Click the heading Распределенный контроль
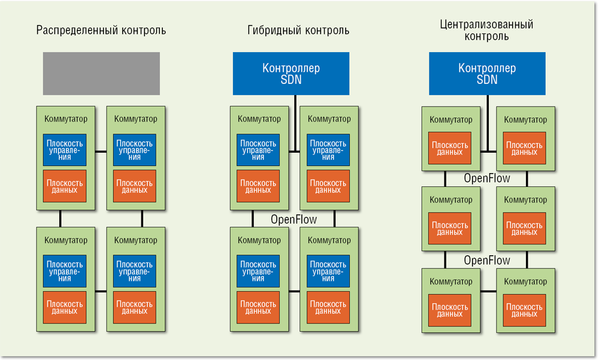[x=101, y=30]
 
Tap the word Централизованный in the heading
[x=486, y=25]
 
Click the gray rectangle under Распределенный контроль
[x=101, y=73]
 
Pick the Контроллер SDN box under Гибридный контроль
[x=291, y=73]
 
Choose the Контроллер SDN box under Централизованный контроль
[x=487, y=73]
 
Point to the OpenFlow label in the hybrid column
[x=294, y=220]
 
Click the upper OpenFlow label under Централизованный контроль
[x=487, y=179]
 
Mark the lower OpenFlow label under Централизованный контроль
[x=487, y=261]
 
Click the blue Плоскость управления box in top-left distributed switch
[x=65, y=150]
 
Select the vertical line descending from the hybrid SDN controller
[x=295, y=123]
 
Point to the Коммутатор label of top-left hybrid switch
[x=259, y=119]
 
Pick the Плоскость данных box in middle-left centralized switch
[x=450, y=228]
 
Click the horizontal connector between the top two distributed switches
[x=101, y=151]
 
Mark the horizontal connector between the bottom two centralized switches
[x=488, y=291]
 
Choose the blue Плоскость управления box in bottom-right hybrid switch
[x=328, y=271]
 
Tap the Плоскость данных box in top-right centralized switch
[x=525, y=148]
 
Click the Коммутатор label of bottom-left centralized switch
[x=451, y=282]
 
